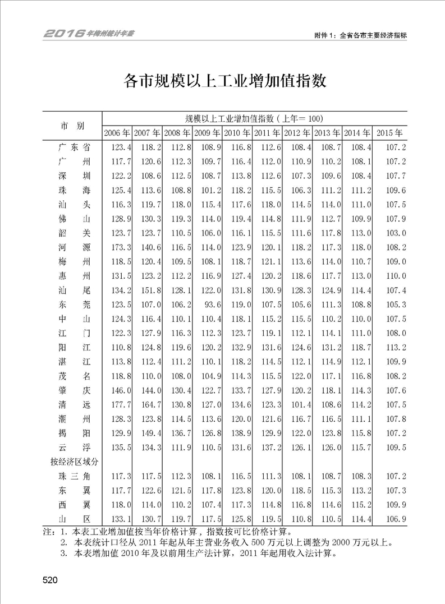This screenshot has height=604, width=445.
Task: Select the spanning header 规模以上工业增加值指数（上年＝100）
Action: [253, 118]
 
